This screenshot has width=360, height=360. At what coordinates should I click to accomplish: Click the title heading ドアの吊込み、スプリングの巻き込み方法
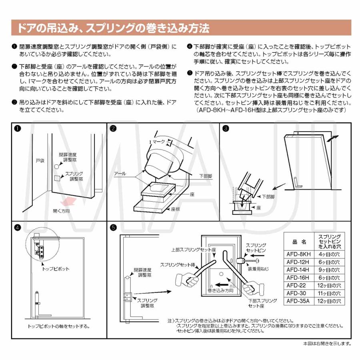[112, 28]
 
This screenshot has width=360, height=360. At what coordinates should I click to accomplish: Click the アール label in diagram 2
[120, 174]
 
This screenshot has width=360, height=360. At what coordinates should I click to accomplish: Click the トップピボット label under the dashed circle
[56, 269]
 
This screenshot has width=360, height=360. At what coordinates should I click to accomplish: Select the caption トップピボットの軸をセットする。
[59, 326]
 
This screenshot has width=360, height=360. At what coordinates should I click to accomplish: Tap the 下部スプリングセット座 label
[257, 303]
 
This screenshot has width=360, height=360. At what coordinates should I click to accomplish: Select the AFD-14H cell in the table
[298, 270]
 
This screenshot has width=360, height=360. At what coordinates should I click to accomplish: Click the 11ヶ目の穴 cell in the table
[328, 293]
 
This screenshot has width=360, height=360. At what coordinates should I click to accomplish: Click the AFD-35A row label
[298, 300]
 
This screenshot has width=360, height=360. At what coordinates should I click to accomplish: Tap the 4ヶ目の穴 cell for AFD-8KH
[328, 254]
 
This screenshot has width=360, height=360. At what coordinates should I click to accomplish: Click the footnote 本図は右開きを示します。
[327, 343]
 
